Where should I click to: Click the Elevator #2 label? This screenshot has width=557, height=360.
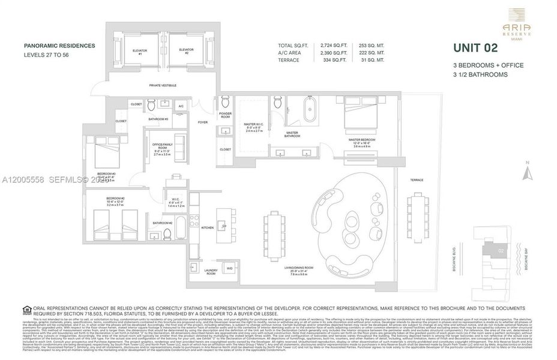pos(185,51)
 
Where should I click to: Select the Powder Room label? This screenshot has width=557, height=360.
pos(226,115)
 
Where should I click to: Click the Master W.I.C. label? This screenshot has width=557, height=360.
pos(252,127)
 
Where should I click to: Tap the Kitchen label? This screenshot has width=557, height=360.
pos(207,228)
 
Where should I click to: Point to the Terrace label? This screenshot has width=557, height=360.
pos(417,180)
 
